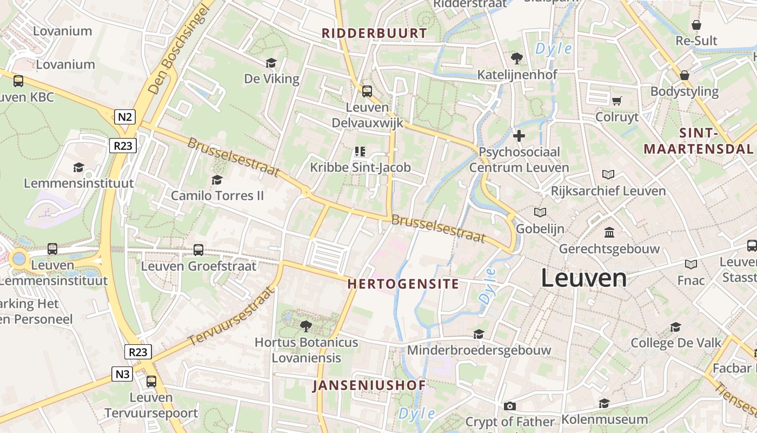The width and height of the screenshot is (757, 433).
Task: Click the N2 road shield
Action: [x=124, y=116]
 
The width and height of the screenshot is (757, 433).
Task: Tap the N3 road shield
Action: [x=123, y=374]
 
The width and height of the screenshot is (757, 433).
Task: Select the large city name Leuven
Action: [x=584, y=278]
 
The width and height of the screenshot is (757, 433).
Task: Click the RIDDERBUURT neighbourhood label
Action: [x=374, y=33]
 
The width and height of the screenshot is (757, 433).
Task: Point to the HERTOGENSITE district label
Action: [x=403, y=284]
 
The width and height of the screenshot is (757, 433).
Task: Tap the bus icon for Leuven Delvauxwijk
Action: [x=367, y=91]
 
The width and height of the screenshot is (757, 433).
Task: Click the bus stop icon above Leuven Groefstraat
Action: [x=198, y=250]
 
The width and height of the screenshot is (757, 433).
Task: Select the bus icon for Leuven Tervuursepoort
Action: [x=151, y=381]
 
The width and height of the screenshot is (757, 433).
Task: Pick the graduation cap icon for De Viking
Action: [x=271, y=63]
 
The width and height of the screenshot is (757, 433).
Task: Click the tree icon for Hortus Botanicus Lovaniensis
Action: [x=306, y=326]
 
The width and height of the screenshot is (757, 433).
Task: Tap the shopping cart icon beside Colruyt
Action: [x=616, y=101]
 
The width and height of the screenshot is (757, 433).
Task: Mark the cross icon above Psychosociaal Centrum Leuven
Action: [x=519, y=136]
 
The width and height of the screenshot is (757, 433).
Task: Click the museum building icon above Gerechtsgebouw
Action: [x=609, y=232]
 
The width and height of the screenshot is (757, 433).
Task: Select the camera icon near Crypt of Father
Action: [x=509, y=406]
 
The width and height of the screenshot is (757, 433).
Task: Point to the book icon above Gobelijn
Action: [x=540, y=212]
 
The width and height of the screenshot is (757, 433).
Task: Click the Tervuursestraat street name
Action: [x=231, y=317]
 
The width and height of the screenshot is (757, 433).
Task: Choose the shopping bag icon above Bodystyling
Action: [x=685, y=75]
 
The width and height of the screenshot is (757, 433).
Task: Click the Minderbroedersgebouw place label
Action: [x=479, y=350]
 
